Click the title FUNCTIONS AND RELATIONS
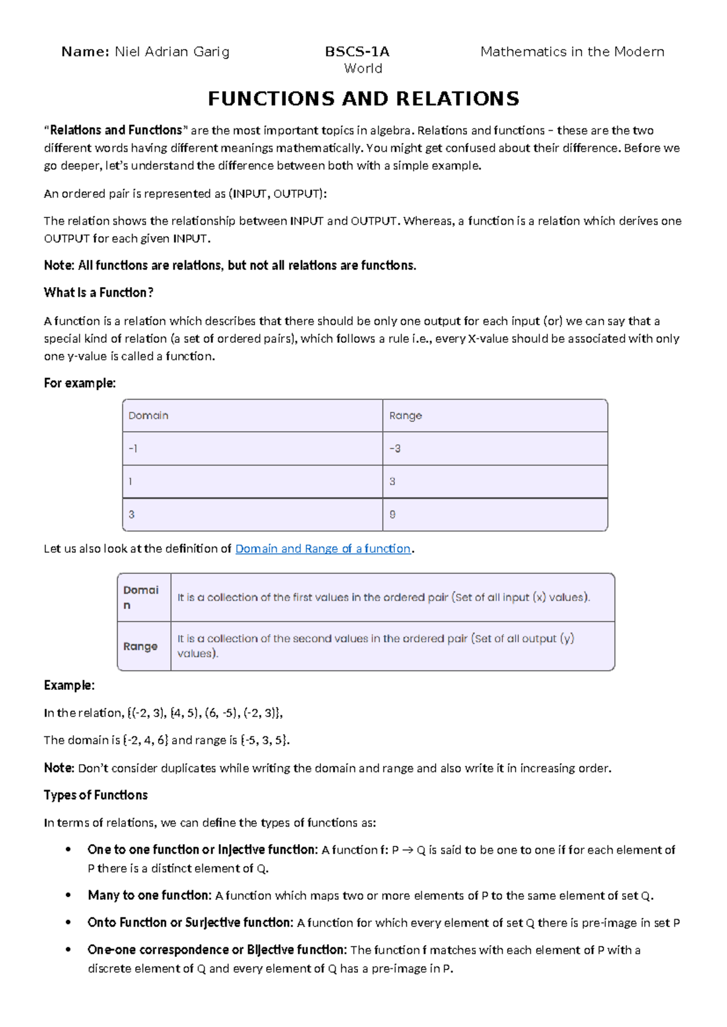coord(363,99)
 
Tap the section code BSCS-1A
coord(357,52)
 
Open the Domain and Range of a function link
coord(323,549)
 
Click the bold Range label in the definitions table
coord(141,646)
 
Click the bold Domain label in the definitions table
coord(141,597)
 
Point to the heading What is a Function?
coord(98,293)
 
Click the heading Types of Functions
coord(96,795)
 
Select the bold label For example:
coord(79,383)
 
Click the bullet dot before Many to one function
coord(68,895)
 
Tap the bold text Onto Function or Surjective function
coord(190,923)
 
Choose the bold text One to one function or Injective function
coord(202,850)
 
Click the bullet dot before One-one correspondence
coord(68,949)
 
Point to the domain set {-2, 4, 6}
coord(145,740)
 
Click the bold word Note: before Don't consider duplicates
coord(59,768)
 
